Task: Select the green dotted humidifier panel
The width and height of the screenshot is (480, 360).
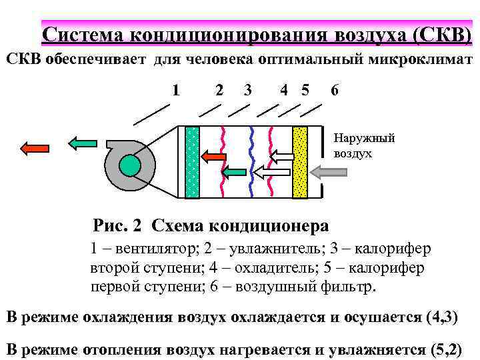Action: [192, 162]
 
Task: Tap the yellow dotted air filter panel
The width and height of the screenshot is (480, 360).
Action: [300, 162]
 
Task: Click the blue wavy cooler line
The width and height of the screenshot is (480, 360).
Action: [251, 162]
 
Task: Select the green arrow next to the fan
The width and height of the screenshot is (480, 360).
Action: [83, 142]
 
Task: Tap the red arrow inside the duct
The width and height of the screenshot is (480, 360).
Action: [214, 157]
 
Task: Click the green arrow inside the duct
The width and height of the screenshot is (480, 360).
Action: [234, 173]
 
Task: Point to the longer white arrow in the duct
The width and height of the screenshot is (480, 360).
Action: [273, 173]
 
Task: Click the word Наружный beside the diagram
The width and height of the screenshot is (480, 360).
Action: [364, 138]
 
